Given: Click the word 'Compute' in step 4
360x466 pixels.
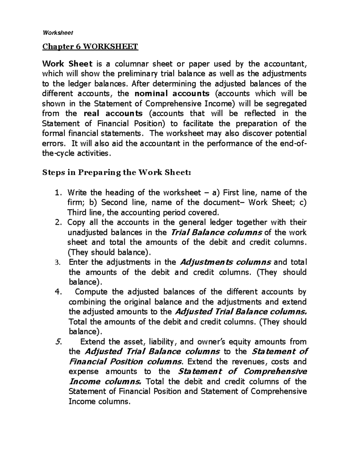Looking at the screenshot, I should coord(91,292).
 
